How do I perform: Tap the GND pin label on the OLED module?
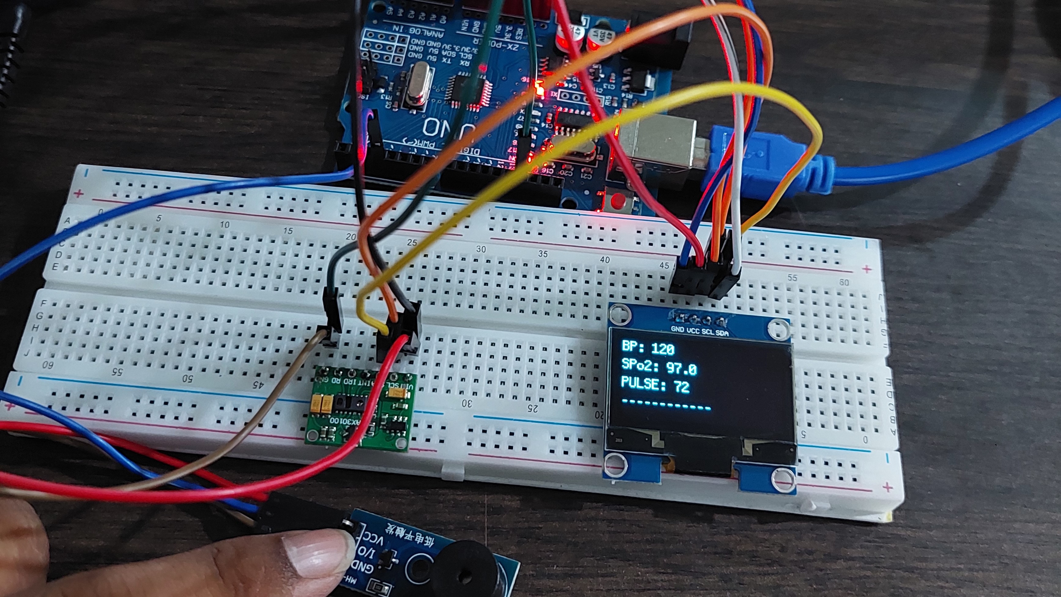[x=678, y=329]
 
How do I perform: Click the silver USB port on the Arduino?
[x=659, y=144]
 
